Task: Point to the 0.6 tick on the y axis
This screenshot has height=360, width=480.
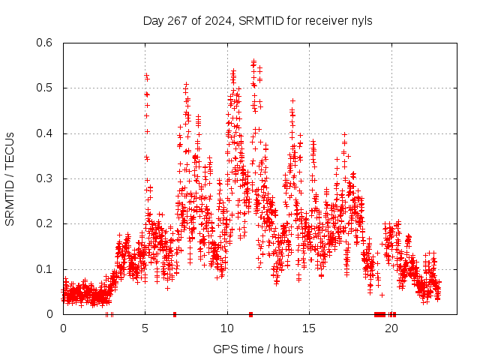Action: pos(46,43)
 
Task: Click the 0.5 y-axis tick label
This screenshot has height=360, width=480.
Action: pos(46,88)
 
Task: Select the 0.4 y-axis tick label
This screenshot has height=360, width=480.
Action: pos(46,133)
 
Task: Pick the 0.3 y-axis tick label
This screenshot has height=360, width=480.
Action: pos(46,178)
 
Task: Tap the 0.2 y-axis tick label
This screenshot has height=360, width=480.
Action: pos(46,224)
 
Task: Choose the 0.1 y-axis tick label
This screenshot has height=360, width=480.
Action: pos(46,269)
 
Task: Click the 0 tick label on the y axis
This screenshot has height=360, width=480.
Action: pos(50,314)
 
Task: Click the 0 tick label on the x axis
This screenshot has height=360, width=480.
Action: pos(63,328)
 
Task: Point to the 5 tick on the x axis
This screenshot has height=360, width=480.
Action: pos(145,328)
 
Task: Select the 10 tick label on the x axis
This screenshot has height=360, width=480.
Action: pos(227,328)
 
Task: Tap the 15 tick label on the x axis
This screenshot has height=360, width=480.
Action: pos(310,328)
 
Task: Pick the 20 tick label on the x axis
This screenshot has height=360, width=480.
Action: pos(391,328)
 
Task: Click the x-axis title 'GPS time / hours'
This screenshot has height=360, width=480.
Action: pos(258,349)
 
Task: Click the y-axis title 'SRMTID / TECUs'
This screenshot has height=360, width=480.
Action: pos(10,178)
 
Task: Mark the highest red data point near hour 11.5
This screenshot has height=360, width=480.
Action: pos(253,61)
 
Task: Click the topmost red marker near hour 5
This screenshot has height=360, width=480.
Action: pos(146,75)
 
